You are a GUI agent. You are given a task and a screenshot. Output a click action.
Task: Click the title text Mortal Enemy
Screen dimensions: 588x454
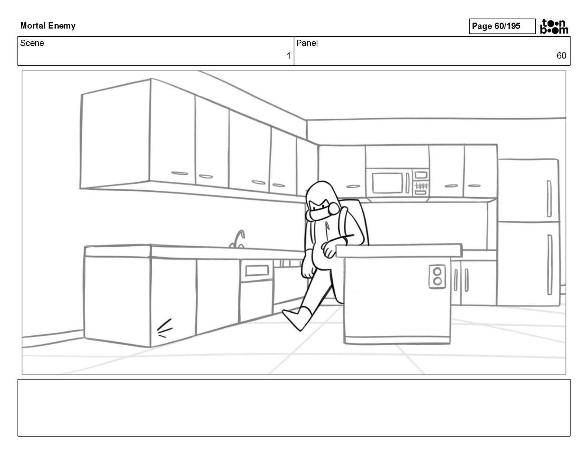(48, 26)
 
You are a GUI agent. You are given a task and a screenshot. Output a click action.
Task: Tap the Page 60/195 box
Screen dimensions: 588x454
(502, 26)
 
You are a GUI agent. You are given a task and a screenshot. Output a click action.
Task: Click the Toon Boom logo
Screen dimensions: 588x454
(554, 26)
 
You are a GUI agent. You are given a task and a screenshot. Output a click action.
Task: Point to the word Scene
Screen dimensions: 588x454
(32, 43)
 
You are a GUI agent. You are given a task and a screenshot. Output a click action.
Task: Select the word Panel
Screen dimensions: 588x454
(307, 43)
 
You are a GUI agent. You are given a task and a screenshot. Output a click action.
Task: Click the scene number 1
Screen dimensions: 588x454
(288, 56)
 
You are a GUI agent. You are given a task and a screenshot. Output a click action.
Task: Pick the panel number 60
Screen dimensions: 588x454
(561, 56)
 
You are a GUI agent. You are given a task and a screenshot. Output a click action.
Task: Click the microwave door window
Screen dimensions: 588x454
(387, 182)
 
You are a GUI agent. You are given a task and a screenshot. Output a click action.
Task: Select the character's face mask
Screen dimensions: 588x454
(320, 214)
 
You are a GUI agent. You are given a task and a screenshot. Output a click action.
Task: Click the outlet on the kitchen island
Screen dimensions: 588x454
(437, 276)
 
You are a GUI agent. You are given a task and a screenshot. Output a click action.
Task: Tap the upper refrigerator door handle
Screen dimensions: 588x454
(549, 198)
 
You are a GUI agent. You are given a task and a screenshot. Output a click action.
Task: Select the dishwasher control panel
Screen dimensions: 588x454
(257, 270)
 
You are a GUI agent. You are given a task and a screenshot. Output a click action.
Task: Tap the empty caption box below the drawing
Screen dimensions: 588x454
(294, 407)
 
